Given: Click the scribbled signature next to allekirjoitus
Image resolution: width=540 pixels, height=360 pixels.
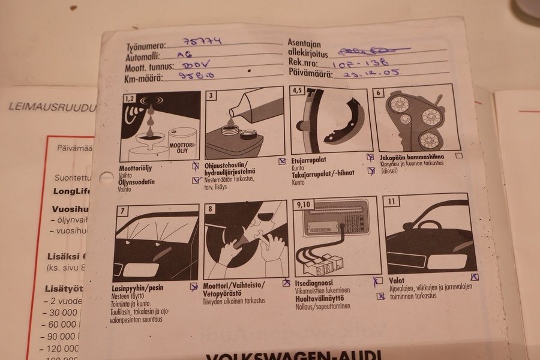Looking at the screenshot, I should pyautogui.click(x=372, y=51).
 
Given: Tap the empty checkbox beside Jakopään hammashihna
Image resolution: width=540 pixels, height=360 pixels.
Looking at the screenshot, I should pyautogui.click(x=459, y=155).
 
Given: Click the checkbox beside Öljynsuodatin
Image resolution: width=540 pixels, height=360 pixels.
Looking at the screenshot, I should pyautogui.click(x=196, y=179).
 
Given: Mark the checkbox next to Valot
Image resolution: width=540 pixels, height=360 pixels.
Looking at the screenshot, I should pyautogui.click(x=474, y=277).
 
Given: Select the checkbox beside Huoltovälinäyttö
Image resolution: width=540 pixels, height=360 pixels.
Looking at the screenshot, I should pyautogui.click(x=380, y=296).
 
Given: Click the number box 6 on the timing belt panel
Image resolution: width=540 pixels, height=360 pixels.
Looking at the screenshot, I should pyautogui.click(x=379, y=92).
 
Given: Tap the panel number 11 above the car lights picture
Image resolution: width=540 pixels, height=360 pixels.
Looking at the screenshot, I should pyautogui.click(x=392, y=202).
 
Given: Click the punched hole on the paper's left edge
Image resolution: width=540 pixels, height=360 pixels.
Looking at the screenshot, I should pyautogui.click(x=106, y=178).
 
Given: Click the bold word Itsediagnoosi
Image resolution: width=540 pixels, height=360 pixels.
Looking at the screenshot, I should pyautogui.click(x=314, y=283).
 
